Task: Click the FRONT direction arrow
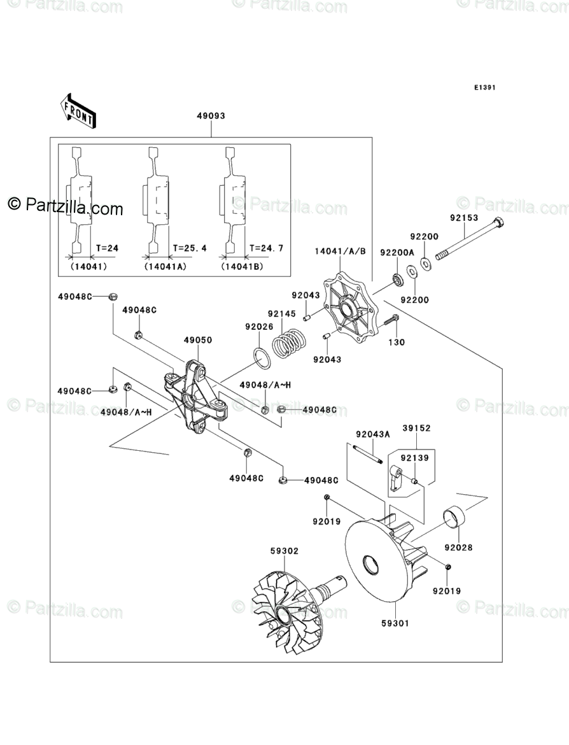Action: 78,110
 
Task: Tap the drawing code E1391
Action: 484,88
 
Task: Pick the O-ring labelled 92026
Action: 261,358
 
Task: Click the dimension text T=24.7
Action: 262,248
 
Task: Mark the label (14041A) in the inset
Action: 165,267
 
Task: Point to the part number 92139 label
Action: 415,457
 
